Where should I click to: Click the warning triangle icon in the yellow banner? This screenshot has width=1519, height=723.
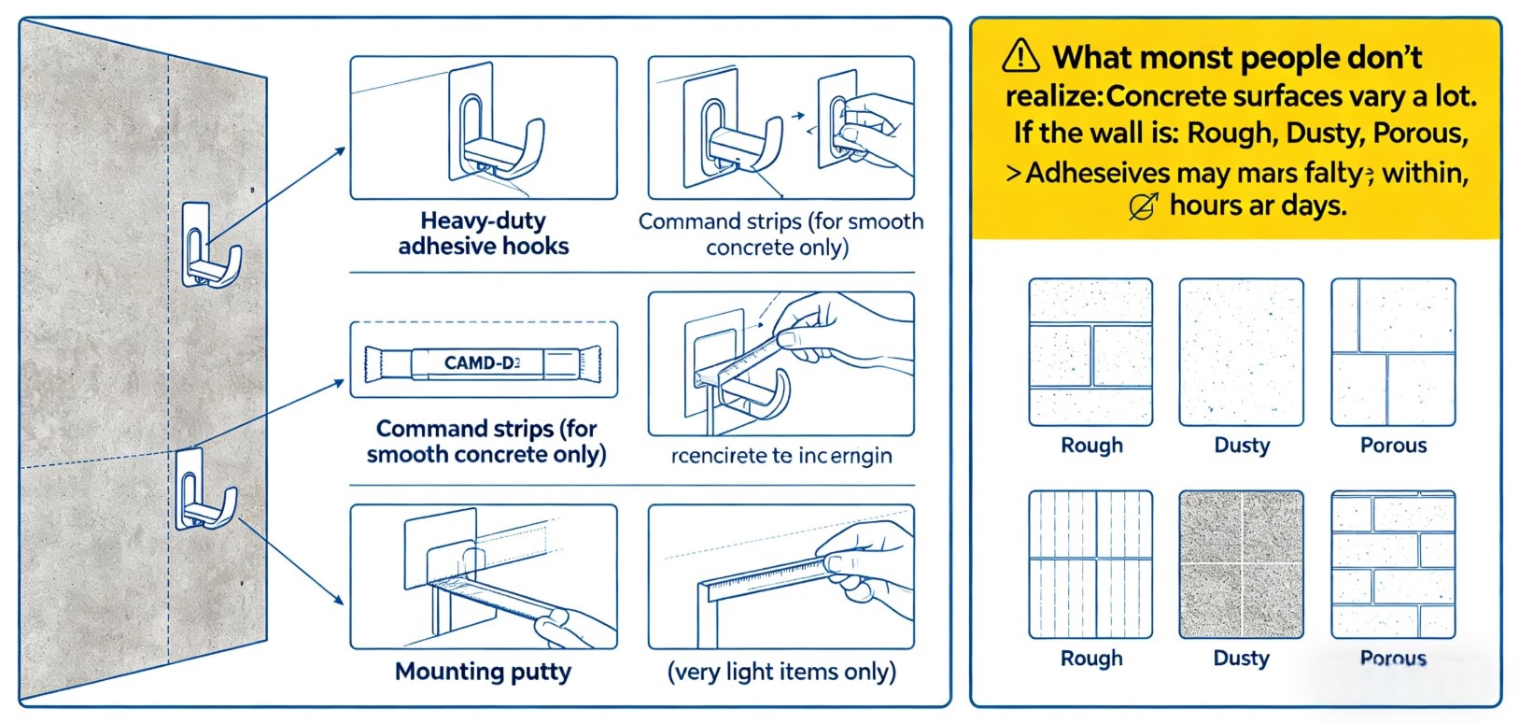pyautogui.click(x=1020, y=56)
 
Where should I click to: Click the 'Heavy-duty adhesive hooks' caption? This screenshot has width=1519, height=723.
pyautogui.click(x=483, y=234)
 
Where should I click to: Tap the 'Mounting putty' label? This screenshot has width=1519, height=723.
pyautogui.click(x=483, y=672)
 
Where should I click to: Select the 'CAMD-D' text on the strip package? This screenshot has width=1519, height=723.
pyautogui.click(x=482, y=362)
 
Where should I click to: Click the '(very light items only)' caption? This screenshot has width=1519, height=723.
pyautogui.click(x=781, y=672)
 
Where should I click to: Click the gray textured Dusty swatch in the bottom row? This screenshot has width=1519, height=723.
pyautogui.click(x=1241, y=564)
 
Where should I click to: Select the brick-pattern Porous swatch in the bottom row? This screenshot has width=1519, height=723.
pyautogui.click(x=1392, y=564)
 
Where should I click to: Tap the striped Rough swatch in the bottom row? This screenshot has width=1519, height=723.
pyautogui.click(x=1090, y=564)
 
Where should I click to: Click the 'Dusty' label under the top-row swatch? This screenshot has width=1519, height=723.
pyautogui.click(x=1242, y=446)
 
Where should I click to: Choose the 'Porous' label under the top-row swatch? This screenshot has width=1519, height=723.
pyautogui.click(x=1393, y=446)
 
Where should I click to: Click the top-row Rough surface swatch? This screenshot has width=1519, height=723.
pyautogui.click(x=1090, y=352)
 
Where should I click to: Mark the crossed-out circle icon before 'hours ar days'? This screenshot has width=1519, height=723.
pyautogui.click(x=1143, y=206)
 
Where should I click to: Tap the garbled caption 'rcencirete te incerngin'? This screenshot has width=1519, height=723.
pyautogui.click(x=781, y=456)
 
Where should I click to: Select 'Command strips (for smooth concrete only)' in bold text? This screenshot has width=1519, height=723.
pyautogui.click(x=485, y=442)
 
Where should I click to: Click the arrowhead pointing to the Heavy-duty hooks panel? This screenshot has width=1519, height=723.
pyautogui.click(x=341, y=150)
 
